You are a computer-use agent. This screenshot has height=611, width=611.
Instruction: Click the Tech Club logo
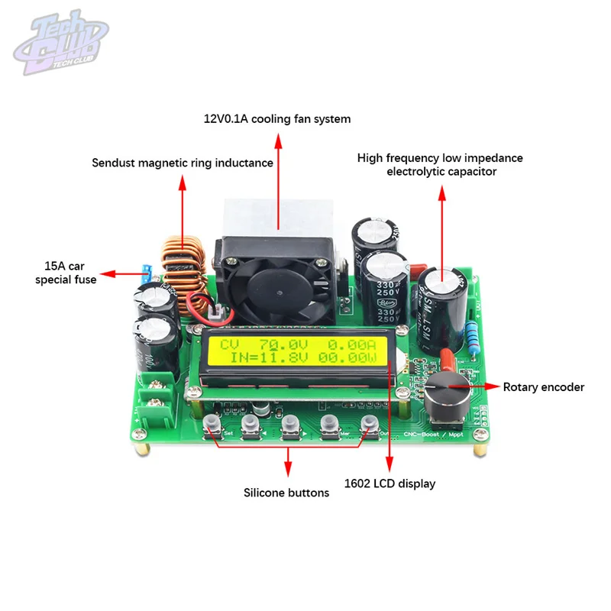coord(59,47)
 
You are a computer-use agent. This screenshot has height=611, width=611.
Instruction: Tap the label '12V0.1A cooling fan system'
coord(277,119)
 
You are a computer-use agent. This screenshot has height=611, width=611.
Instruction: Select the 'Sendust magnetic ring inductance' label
coord(183,163)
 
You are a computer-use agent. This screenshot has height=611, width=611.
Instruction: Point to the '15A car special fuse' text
coord(68,273)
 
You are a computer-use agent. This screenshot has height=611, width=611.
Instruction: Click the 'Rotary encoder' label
coord(543,387)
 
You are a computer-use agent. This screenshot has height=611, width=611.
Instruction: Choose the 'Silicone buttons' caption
coord(286,493)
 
